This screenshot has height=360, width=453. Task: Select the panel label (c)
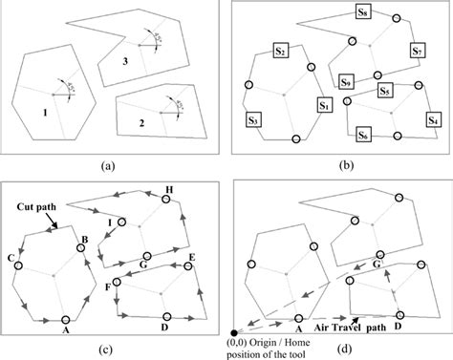tap(113, 341)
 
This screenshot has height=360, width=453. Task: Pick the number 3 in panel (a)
tap(125, 61)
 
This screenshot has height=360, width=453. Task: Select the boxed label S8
tap(364, 14)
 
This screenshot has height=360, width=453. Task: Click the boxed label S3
tap(253, 120)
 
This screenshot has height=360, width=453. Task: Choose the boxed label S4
tap(433, 120)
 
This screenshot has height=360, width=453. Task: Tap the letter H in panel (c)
tap(169, 190)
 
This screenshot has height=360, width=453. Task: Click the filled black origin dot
tap(235, 331)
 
